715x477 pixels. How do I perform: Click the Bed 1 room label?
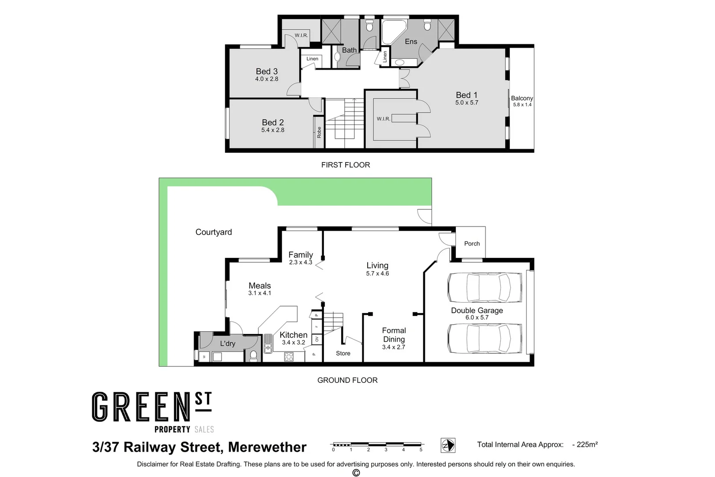pos(467,95)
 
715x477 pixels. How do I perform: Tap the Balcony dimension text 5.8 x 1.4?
pos(522,105)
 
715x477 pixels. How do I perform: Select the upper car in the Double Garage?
pos(485,288)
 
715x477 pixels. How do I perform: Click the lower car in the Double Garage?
pos(485,339)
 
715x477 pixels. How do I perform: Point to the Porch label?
pos(472,243)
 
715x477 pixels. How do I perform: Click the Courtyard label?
pos(214,232)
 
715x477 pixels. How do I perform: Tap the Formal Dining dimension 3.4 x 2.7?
pos(394,347)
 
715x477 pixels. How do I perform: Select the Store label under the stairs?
pos(343,353)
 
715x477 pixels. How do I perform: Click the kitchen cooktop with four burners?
pos(289,356)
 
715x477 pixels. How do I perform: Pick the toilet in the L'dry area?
pos(253,356)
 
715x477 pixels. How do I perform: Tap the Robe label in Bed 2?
pos(319,132)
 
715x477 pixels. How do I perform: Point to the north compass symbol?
pos(448,445)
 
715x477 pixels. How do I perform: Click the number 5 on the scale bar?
pos(421,450)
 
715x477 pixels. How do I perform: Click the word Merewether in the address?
pos(267,447)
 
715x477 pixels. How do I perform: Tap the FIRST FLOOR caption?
pos(346,165)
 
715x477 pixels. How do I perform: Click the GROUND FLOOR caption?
pos(347,380)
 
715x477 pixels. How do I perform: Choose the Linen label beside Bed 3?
pos(312,59)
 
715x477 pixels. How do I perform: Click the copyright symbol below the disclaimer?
pos(356,473)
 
